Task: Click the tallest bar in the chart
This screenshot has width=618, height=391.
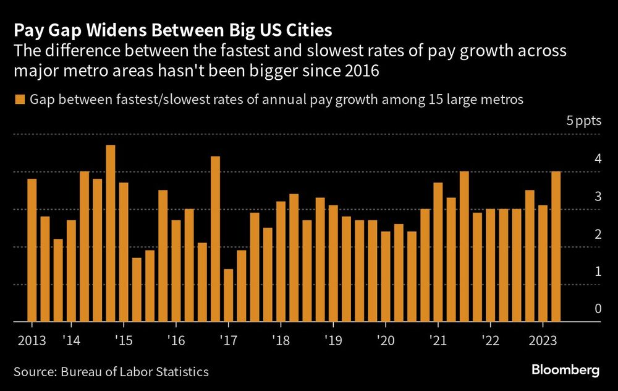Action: [x=111, y=234]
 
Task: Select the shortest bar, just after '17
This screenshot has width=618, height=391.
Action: [x=229, y=296]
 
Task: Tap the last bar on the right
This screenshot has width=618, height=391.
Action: [x=556, y=247]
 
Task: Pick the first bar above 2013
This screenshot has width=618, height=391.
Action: [x=32, y=251]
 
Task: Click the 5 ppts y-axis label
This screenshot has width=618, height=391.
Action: [x=583, y=121]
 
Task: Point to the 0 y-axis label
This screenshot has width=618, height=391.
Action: [x=597, y=309]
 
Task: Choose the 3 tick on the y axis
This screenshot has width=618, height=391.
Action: [x=597, y=196]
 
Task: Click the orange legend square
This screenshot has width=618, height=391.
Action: [x=19, y=99]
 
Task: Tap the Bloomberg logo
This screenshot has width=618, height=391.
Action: [x=565, y=371]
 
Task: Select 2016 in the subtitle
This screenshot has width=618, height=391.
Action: [x=361, y=71]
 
